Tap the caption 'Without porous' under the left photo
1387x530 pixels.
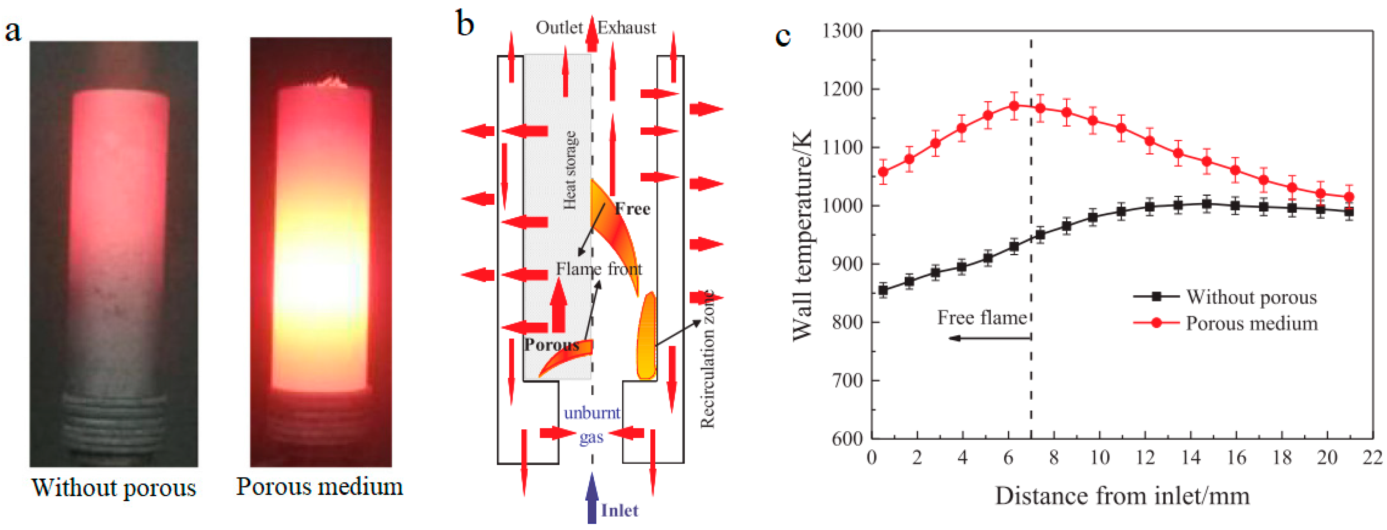[x=114, y=487]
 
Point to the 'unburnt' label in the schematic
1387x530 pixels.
[x=592, y=413]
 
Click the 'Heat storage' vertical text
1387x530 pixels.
[x=570, y=170]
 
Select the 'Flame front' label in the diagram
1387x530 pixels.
[x=599, y=268]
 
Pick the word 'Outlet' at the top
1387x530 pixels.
[x=559, y=28]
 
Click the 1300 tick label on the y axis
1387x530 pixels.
[x=843, y=31]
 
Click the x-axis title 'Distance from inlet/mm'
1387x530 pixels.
[x=1122, y=496]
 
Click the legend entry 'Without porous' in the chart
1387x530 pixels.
[x=1251, y=297]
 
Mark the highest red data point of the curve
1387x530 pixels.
[x=1014, y=106]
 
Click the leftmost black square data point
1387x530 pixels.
[x=883, y=290]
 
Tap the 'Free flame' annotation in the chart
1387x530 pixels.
[x=981, y=318]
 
